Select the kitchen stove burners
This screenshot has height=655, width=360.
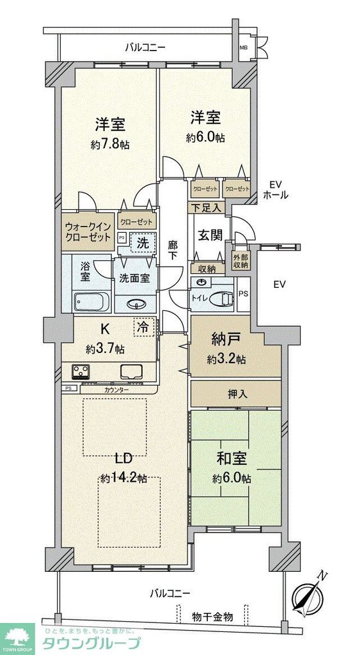(81, 371)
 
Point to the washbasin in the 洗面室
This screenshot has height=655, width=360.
(136, 304)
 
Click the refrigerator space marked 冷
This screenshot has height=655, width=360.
(144, 327)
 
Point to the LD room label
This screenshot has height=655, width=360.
(123, 459)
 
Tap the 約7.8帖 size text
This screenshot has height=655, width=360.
(110, 145)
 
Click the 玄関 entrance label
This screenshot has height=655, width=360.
(212, 235)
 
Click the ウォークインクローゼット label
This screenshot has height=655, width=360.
(88, 231)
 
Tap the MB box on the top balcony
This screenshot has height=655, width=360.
(244, 48)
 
